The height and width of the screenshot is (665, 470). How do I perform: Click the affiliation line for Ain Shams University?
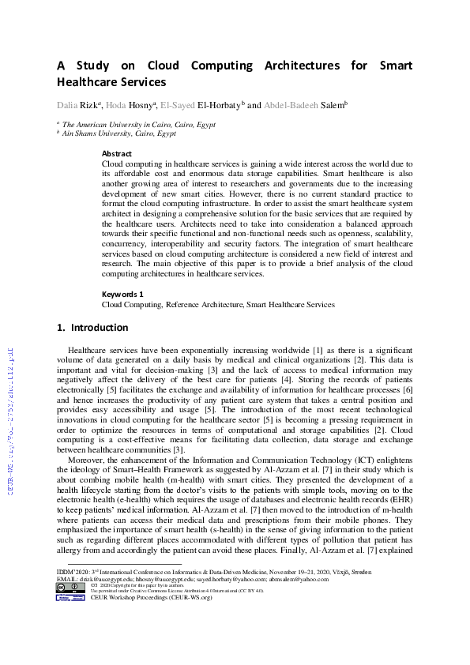(119, 133)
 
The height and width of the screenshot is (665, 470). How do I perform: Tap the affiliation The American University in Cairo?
(130, 124)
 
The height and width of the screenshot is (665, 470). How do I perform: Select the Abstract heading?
(117, 154)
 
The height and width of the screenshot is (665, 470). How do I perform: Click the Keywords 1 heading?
(122, 294)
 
